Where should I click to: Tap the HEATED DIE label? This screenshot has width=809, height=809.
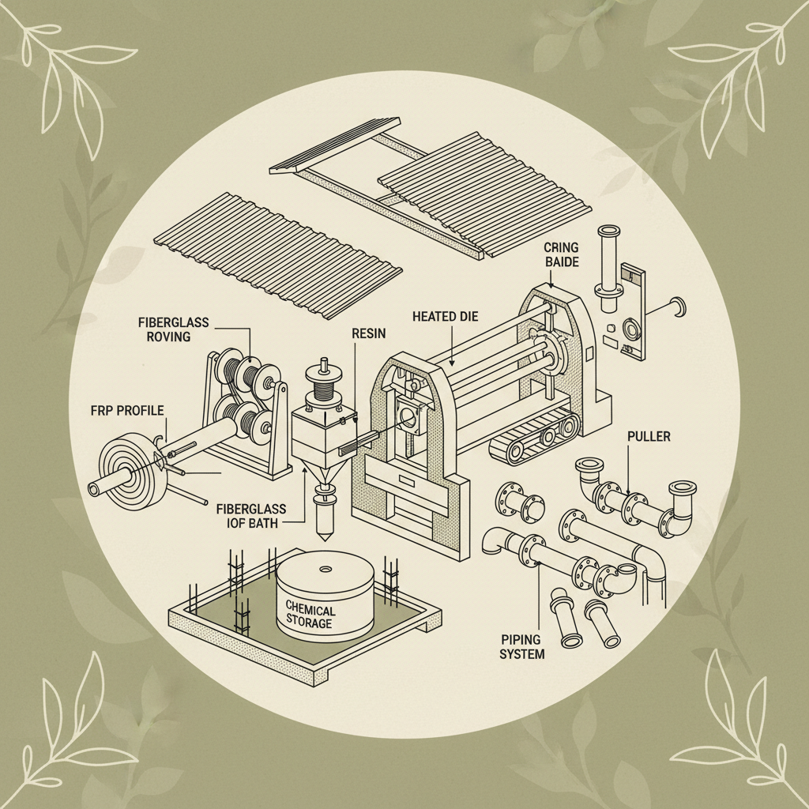click(445, 316)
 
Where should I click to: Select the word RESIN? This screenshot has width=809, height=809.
click(368, 333)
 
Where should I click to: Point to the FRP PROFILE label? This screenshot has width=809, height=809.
click(127, 411)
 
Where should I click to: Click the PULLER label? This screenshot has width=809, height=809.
click(648, 436)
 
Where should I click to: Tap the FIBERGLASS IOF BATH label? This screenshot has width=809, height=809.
click(251, 515)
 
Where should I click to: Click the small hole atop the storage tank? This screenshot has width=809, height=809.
click(325, 569)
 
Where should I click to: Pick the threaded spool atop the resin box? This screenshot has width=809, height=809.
click(322, 387)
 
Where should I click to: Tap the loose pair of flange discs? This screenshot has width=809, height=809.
click(519, 502)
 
